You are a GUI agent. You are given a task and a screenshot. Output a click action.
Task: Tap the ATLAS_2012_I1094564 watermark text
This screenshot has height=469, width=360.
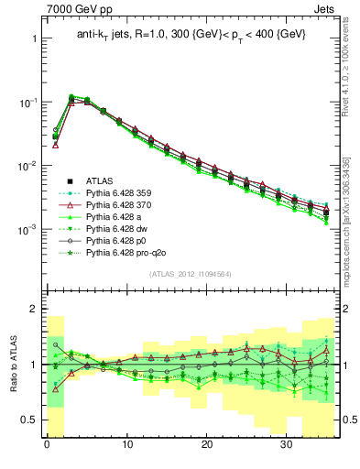click(x=191, y=273)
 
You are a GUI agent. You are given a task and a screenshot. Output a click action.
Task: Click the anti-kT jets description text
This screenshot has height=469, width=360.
click(x=191, y=34)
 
